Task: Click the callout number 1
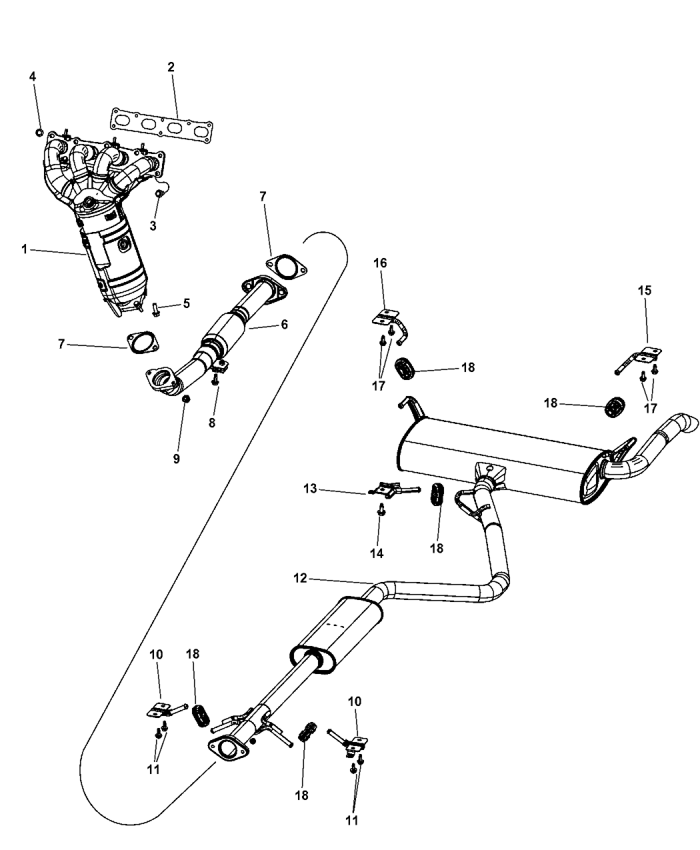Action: [24, 249]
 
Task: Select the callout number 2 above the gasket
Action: [171, 67]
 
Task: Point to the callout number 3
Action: [153, 226]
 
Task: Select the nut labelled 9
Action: [187, 399]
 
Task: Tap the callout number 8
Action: [212, 422]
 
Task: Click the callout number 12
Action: [300, 579]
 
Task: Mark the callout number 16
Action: [380, 263]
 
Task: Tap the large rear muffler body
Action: [493, 460]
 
